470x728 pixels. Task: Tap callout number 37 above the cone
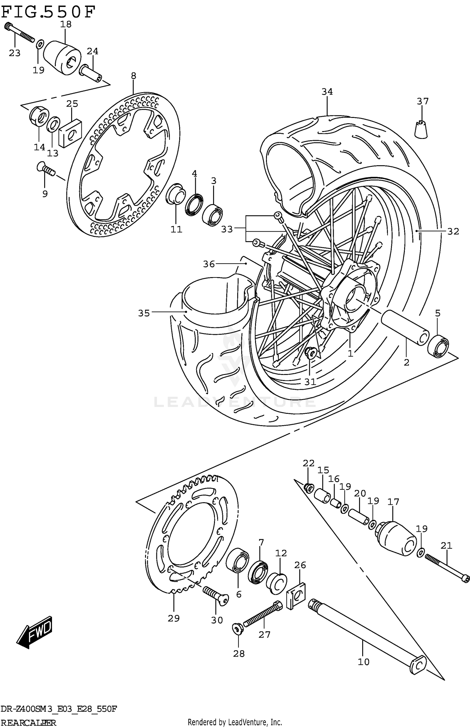422,101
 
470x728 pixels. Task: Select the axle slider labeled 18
62,57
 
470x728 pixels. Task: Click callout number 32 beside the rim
453,231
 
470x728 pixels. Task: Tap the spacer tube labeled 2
404,328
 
